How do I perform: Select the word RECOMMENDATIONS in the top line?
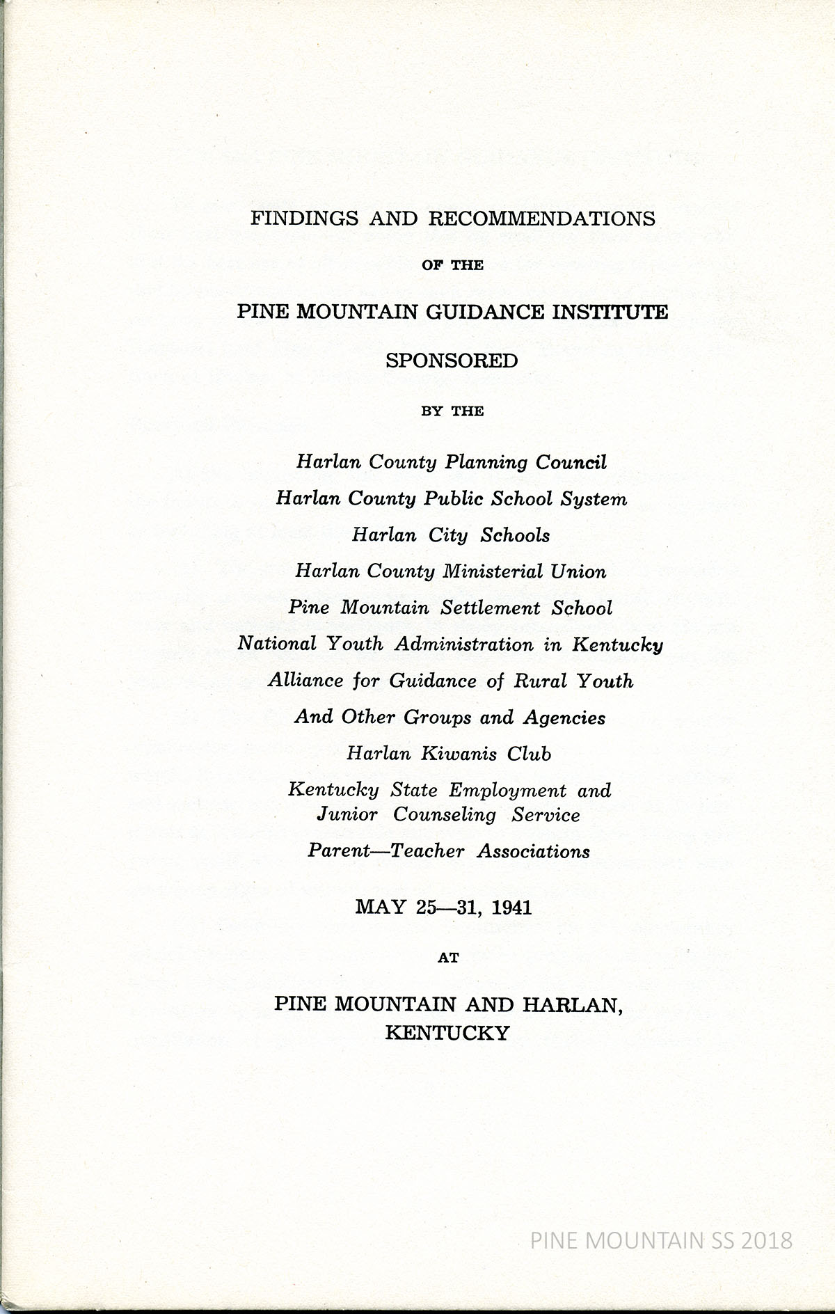tap(542, 219)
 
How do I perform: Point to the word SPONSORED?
tap(452, 361)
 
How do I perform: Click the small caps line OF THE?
tap(452, 265)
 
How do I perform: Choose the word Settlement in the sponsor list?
tap(491, 608)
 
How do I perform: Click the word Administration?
tap(466, 644)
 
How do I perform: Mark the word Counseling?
tap(445, 814)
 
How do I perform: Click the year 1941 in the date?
tap(511, 908)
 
